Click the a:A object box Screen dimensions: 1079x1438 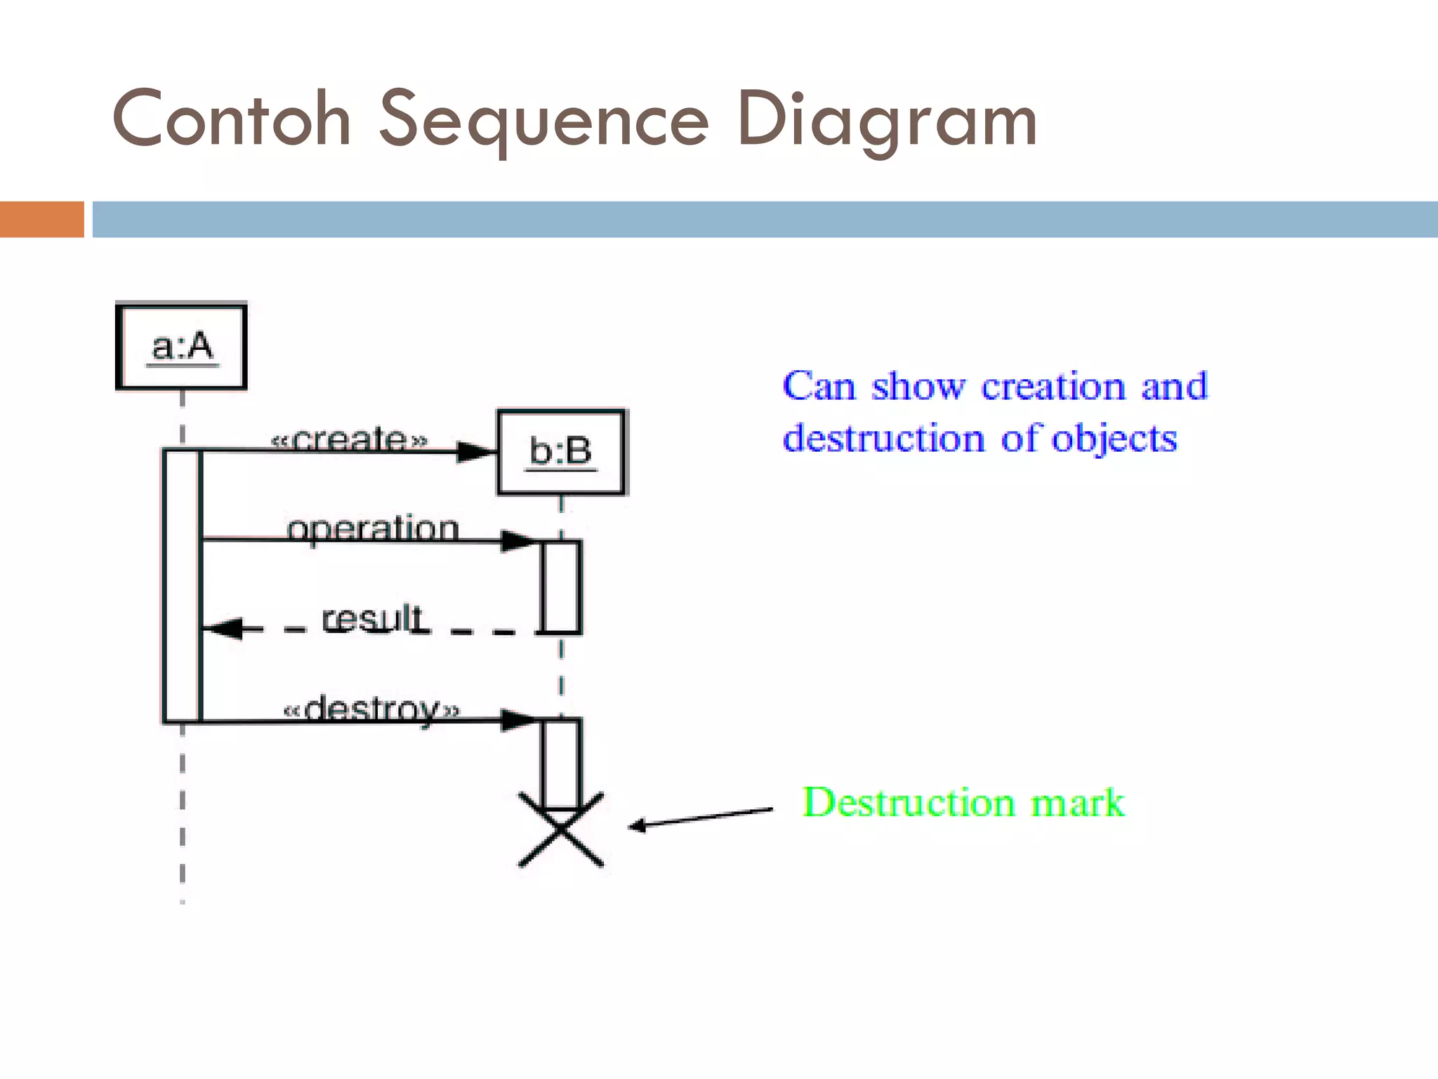click(181, 346)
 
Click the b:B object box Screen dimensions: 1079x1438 click(561, 452)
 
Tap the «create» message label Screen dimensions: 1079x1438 click(349, 439)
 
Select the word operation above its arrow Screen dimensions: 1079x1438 click(373, 528)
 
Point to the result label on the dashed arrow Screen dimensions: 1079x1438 click(371, 618)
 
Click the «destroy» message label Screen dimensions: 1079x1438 click(371, 708)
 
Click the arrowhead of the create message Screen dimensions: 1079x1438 click(475, 452)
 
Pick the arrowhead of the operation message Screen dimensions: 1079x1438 click(519, 541)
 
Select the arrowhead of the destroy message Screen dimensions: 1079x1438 click(519, 721)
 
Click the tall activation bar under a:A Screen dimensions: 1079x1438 click(182, 585)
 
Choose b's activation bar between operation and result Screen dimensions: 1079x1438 click(561, 587)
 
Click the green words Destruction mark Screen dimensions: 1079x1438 click(963, 802)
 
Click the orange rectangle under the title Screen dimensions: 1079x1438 click(42, 219)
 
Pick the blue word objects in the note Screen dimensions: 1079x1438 click(1114, 439)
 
